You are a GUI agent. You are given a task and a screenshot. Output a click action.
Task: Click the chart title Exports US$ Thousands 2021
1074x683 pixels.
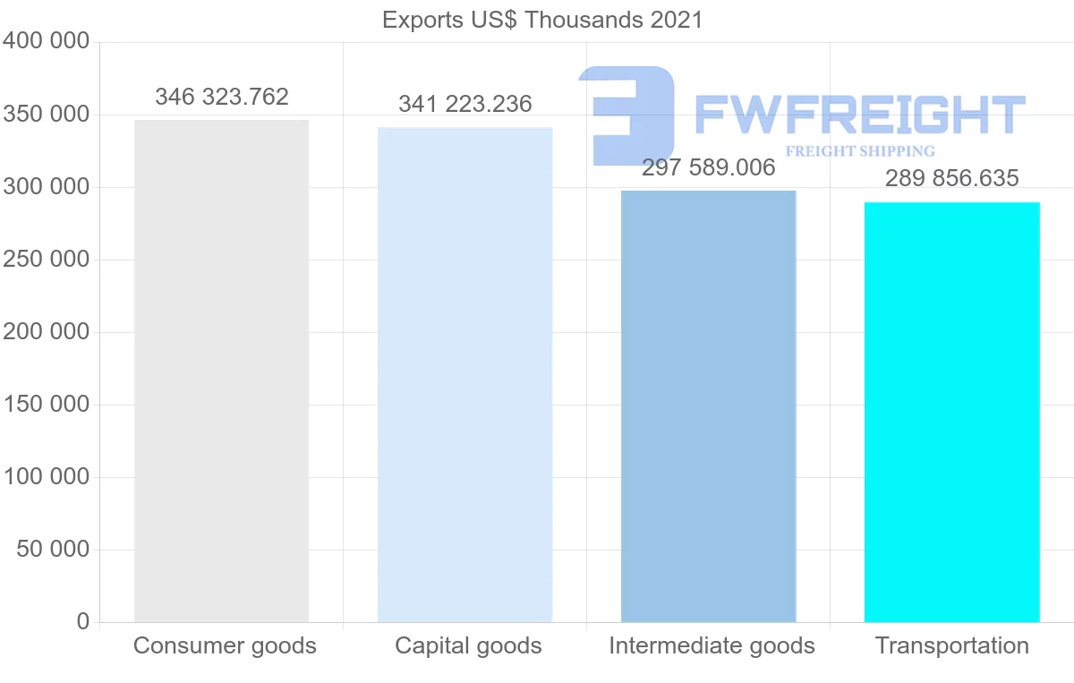point(542,20)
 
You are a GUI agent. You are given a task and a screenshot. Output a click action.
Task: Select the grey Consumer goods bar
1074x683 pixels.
point(221,371)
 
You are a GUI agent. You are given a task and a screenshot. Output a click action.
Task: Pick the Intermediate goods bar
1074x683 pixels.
point(708,406)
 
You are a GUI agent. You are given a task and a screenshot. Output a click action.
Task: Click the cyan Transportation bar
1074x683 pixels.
point(951,412)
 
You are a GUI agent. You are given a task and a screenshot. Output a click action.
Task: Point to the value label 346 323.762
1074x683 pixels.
point(222,97)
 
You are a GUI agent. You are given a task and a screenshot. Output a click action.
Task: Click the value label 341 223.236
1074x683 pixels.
point(465,104)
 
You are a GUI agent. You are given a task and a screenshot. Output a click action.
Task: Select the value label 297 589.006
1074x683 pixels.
point(709,168)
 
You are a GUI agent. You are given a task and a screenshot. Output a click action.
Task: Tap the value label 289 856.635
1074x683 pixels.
point(952,178)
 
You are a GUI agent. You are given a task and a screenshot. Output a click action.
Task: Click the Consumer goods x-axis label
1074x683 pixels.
point(225,645)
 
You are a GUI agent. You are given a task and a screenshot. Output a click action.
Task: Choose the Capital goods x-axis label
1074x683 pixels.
point(468,645)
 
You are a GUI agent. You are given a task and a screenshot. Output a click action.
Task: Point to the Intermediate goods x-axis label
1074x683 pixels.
point(712,645)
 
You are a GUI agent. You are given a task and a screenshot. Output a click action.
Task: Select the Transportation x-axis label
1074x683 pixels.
point(952,645)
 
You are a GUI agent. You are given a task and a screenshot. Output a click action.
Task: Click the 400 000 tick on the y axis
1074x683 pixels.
point(47,41)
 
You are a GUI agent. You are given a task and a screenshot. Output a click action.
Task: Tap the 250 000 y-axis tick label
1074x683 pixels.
point(47,260)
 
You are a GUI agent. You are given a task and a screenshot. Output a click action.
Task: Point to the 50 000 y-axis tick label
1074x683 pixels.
point(54,549)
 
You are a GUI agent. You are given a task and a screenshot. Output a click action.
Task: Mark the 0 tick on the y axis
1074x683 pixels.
point(83,621)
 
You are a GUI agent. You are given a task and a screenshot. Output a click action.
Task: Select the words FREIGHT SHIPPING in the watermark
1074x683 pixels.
point(859,151)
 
